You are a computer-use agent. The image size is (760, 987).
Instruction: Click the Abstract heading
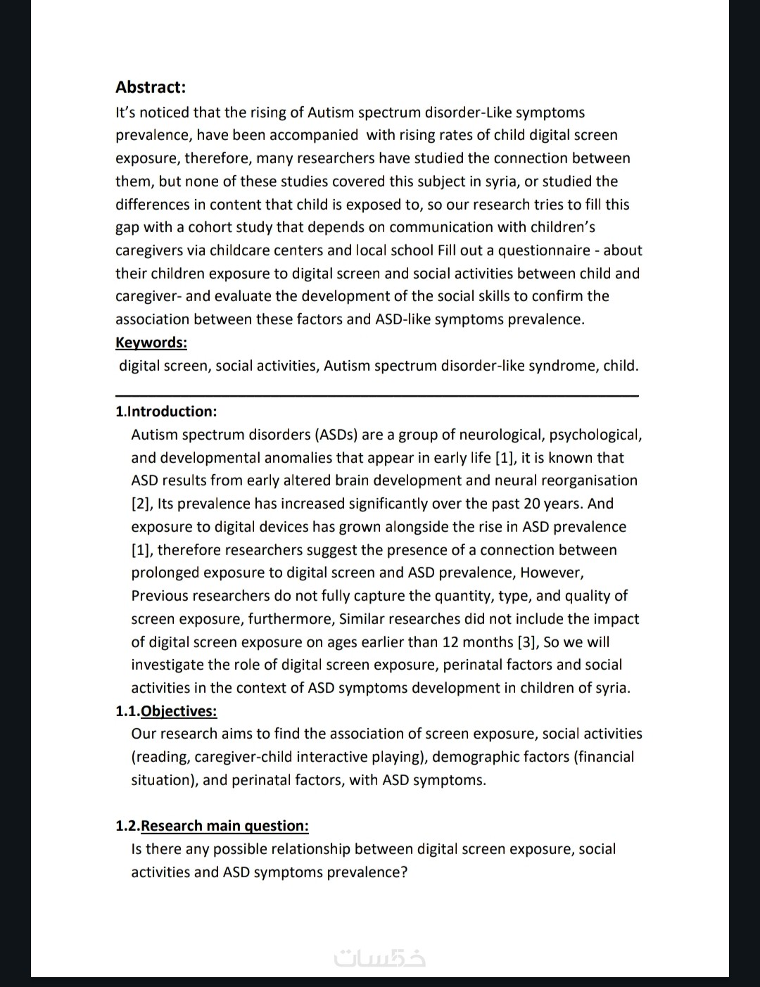[151, 87]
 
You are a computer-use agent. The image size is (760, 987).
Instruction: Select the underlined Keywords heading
[151, 343]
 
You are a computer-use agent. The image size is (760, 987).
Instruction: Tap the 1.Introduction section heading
[166, 411]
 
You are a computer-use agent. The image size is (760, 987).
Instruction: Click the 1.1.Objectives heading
[166, 711]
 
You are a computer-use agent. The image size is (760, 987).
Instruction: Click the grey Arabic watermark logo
[380, 958]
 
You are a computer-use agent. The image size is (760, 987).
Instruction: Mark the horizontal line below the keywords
[376, 396]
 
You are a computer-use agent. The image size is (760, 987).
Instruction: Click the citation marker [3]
[528, 642]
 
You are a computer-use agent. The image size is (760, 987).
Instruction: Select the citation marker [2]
[141, 504]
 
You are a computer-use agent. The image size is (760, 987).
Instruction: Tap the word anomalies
[298, 457]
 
